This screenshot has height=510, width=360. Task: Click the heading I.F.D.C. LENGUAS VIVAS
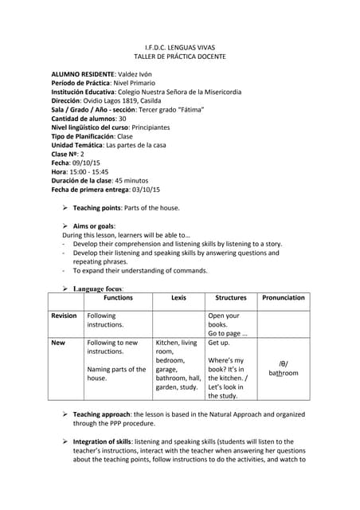point(179,48)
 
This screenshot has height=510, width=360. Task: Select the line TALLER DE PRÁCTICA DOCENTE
point(179,58)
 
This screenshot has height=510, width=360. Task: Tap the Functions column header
point(119,298)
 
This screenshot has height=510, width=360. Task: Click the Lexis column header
point(178,298)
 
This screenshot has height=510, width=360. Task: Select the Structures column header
point(231,298)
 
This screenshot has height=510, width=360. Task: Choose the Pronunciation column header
point(283,298)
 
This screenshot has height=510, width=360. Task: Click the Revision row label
point(64,316)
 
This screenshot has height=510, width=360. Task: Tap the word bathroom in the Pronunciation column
point(283,372)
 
